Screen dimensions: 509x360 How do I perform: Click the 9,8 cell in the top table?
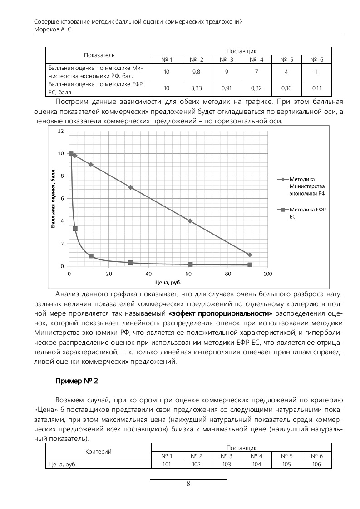[197, 72]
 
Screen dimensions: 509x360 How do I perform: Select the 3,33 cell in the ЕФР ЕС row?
[197, 88]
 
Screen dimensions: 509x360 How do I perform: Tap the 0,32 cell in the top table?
[256, 88]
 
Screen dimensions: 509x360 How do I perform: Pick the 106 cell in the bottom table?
[316, 464]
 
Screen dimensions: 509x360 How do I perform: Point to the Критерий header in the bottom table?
[98, 451]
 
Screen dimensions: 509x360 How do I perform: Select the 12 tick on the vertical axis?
[60, 131]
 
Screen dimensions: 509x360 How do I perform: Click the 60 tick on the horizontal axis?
[188, 274]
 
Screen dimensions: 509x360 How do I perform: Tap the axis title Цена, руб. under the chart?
[168, 283]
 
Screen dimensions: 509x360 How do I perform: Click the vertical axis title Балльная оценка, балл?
[53, 198]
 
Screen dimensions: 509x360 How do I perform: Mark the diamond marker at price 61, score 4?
[190, 221]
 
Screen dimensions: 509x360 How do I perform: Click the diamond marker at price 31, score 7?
[131, 187]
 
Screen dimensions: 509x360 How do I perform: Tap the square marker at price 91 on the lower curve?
[250, 265]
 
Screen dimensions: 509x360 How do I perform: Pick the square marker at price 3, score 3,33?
[75, 229]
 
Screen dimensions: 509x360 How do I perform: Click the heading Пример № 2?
[77, 380]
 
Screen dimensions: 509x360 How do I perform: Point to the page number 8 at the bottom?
[188, 483]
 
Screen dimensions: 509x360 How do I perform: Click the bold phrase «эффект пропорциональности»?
[220, 313]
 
